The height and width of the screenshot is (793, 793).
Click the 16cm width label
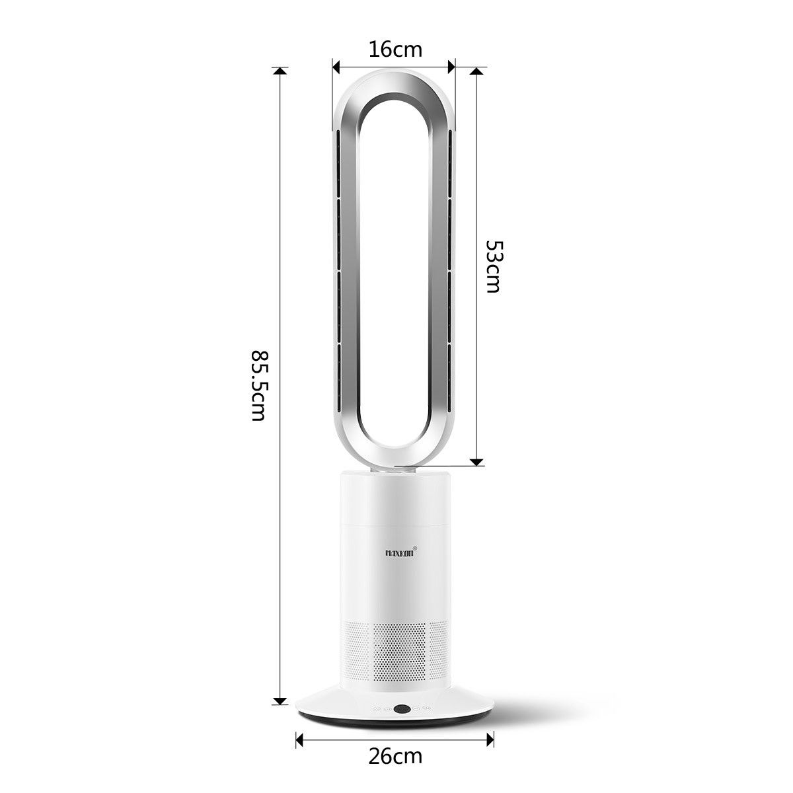pyautogui.click(x=395, y=49)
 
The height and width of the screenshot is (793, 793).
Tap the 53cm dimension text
pyautogui.click(x=494, y=266)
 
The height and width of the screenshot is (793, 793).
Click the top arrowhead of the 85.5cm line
pyautogui.click(x=281, y=71)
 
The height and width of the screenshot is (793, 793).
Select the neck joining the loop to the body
pyautogui.click(x=395, y=470)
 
